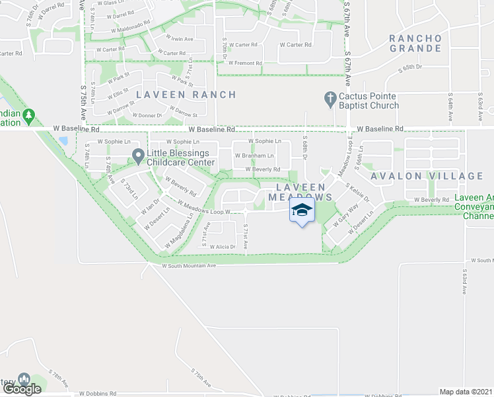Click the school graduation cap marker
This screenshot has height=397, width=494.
(302, 210)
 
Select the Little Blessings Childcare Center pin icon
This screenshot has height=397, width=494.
(138, 156)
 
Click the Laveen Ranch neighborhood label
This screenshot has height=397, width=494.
(186, 95)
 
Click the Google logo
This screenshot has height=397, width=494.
(21, 389)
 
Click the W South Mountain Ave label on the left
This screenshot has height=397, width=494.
(189, 266)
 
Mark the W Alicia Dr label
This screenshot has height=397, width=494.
(223, 246)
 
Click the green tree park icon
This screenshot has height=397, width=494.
(28, 116)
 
